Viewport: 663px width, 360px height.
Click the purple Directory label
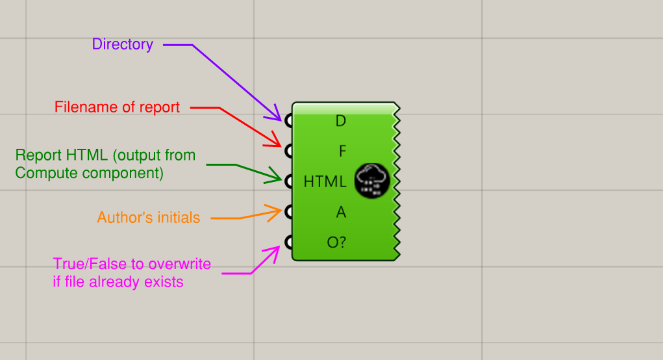123,44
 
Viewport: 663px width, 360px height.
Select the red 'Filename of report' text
117,107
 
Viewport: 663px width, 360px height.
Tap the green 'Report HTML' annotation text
105,164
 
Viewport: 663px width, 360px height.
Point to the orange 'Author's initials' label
149,218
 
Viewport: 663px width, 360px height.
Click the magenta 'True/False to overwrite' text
132,273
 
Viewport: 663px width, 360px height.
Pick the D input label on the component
341,121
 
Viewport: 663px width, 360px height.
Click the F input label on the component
342,151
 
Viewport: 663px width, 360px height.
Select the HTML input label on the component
325,181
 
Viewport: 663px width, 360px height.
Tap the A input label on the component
341,212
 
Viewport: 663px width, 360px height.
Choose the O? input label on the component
336,242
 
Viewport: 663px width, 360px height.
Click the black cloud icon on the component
372,181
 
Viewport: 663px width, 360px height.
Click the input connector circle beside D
288,121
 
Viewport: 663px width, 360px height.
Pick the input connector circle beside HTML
288,181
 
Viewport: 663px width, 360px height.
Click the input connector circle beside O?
288,242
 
